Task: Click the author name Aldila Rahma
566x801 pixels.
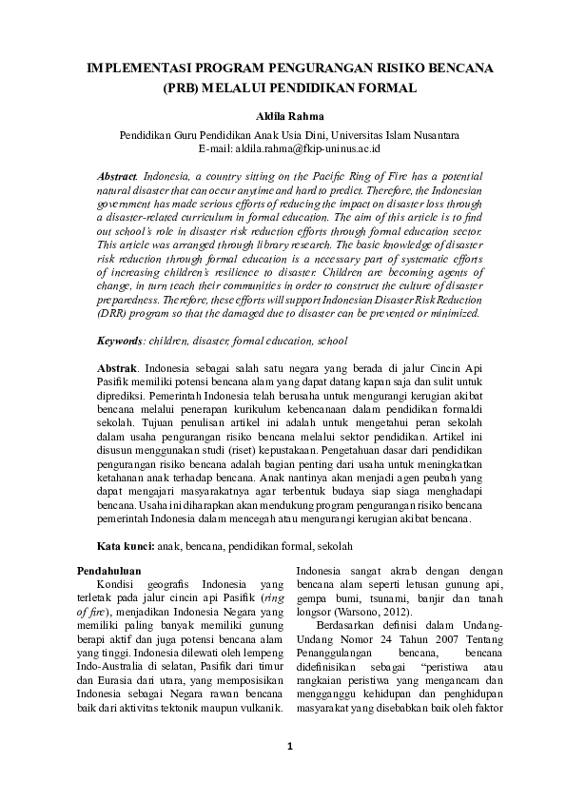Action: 283,116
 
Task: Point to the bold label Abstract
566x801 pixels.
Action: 117,178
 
